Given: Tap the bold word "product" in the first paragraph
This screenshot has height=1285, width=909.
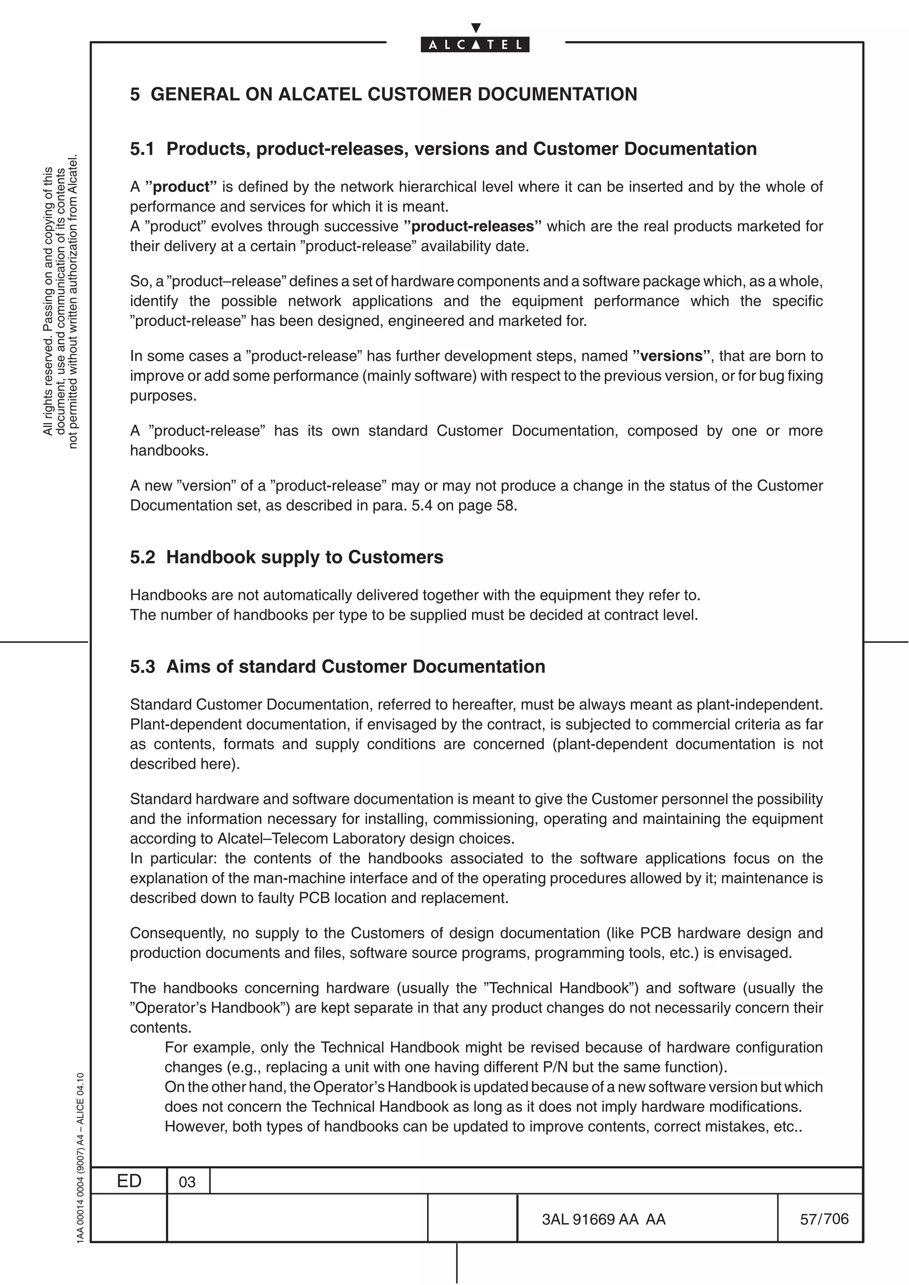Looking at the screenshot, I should (181, 187).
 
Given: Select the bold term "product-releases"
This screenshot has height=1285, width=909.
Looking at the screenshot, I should (473, 227).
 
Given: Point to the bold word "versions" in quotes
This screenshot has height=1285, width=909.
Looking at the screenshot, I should (671, 357).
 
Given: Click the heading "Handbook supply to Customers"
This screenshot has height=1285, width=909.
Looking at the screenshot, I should (304, 557).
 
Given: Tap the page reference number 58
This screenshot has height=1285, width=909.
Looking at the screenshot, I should (505, 505).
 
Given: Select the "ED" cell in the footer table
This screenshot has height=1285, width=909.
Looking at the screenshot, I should (129, 1181).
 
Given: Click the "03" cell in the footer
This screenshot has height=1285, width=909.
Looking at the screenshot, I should (187, 1182).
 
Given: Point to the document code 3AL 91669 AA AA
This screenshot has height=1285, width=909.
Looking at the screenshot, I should (604, 1219).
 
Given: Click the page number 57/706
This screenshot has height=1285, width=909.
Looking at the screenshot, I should (824, 1219).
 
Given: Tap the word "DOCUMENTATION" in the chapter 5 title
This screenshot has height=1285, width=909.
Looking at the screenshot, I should (557, 94).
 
